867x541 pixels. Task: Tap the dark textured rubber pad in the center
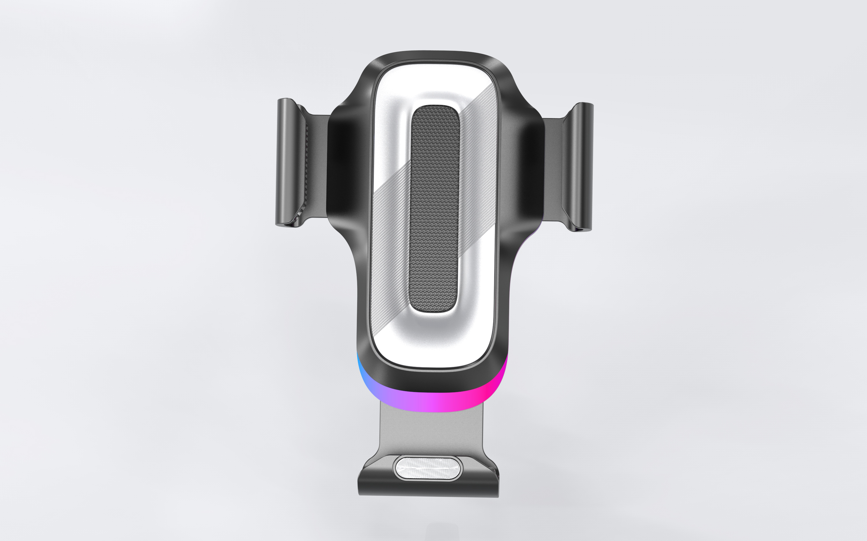[434, 207]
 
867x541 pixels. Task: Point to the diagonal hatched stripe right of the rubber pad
[478, 143]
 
